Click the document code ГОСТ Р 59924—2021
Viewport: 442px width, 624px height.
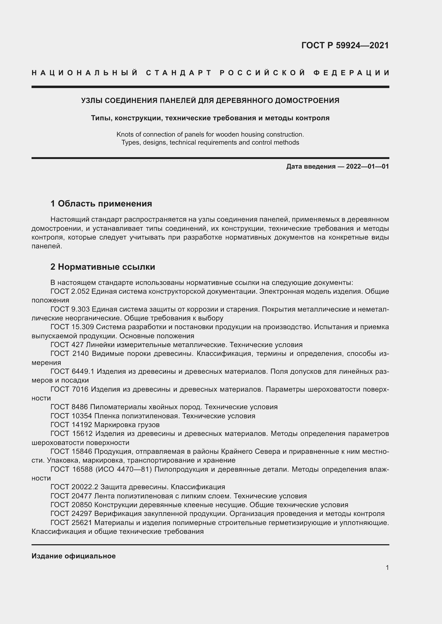coord(345,45)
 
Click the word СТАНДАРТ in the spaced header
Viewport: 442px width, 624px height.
coord(179,73)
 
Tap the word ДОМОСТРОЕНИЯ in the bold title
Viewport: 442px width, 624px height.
coord(307,101)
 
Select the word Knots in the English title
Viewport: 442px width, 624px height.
coord(124,134)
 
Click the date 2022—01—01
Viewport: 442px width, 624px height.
coord(367,166)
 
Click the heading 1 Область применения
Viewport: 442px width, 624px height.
coord(101,203)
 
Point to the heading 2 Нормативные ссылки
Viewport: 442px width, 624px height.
coord(103,267)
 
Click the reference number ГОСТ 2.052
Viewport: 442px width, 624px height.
coord(70,291)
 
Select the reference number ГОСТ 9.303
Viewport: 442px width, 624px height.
coord(70,309)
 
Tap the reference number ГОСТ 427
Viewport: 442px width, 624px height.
coord(67,345)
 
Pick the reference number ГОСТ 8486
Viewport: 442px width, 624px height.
coord(69,407)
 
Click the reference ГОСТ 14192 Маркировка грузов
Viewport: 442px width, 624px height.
coord(105,424)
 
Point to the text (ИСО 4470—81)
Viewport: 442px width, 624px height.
coord(123,469)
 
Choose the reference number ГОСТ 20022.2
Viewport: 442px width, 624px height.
coord(74,487)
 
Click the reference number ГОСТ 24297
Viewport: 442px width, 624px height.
coord(71,513)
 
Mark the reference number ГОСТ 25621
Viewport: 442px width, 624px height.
coord(71,522)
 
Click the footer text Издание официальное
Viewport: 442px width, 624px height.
coord(73,556)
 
